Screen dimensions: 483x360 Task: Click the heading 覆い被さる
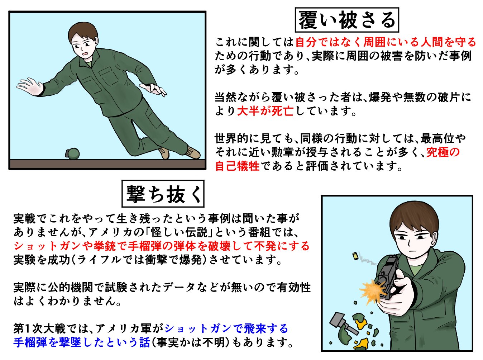point(347,20)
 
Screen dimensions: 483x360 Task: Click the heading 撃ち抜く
point(163,194)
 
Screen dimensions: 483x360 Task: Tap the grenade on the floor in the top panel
point(72,154)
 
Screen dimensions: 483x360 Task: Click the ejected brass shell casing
point(355,256)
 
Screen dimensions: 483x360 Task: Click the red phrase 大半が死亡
point(265,111)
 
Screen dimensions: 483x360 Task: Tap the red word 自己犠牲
point(237,166)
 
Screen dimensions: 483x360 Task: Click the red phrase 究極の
point(443,152)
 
